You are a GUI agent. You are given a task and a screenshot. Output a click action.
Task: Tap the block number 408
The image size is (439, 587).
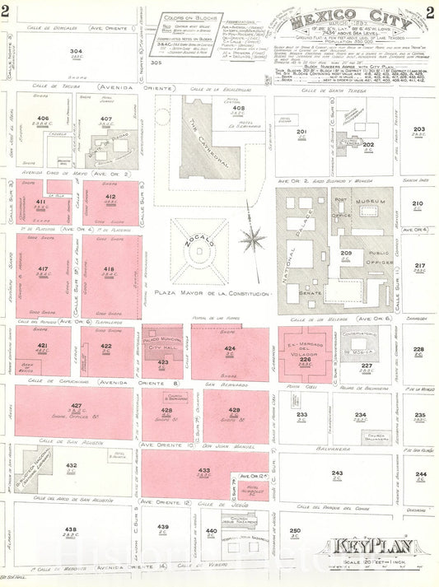click(x=238, y=108)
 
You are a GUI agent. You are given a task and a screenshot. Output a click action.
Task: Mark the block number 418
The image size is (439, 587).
click(x=109, y=269)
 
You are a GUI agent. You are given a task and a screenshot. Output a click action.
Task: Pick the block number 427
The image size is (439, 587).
click(x=76, y=406)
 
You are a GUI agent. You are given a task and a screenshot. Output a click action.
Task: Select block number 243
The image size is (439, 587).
click(x=337, y=473)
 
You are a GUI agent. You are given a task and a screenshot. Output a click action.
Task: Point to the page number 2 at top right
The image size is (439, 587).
click(x=430, y=11)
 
